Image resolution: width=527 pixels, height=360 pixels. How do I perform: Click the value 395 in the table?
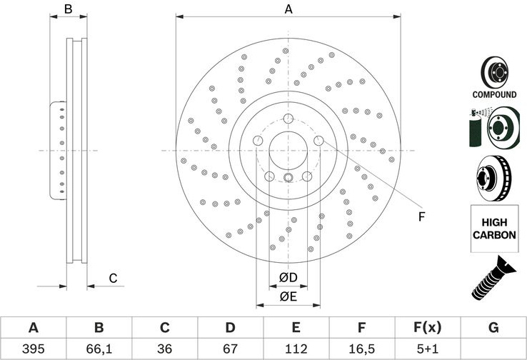[34, 349]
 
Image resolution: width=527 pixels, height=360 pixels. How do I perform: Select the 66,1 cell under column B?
[99, 349]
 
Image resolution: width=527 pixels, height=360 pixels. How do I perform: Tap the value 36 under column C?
[164, 349]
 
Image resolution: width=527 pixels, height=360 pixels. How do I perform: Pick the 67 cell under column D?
[230, 349]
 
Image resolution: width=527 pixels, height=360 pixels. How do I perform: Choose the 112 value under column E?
[296, 349]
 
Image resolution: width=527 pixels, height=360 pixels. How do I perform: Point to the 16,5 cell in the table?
[361, 349]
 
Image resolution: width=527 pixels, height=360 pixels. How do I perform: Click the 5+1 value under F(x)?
[428, 349]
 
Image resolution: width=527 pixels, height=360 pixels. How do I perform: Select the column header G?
[493, 327]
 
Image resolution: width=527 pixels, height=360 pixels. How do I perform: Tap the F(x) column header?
[428, 327]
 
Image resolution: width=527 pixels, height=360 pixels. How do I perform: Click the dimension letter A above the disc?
[288, 9]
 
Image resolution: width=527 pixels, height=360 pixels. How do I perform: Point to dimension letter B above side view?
[69, 9]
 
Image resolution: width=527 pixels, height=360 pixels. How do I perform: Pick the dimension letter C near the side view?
[113, 279]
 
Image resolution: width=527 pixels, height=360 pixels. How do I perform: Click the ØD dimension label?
[288, 278]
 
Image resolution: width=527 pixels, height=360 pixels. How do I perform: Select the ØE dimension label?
[288, 296]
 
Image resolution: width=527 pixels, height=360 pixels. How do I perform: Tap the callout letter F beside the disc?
[421, 217]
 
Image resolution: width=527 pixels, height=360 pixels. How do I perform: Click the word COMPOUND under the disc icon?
[494, 94]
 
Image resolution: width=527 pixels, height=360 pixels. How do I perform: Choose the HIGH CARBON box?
[494, 229]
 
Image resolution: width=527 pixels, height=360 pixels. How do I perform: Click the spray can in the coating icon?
[476, 128]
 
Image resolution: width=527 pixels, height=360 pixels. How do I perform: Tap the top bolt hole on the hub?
[288, 119]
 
